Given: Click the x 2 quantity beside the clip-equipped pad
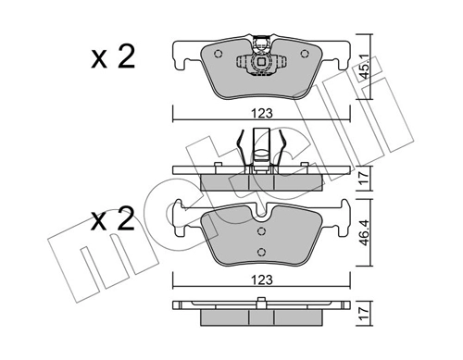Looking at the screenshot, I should tap(114, 58).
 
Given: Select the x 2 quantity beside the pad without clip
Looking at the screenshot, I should tap(114, 221).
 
